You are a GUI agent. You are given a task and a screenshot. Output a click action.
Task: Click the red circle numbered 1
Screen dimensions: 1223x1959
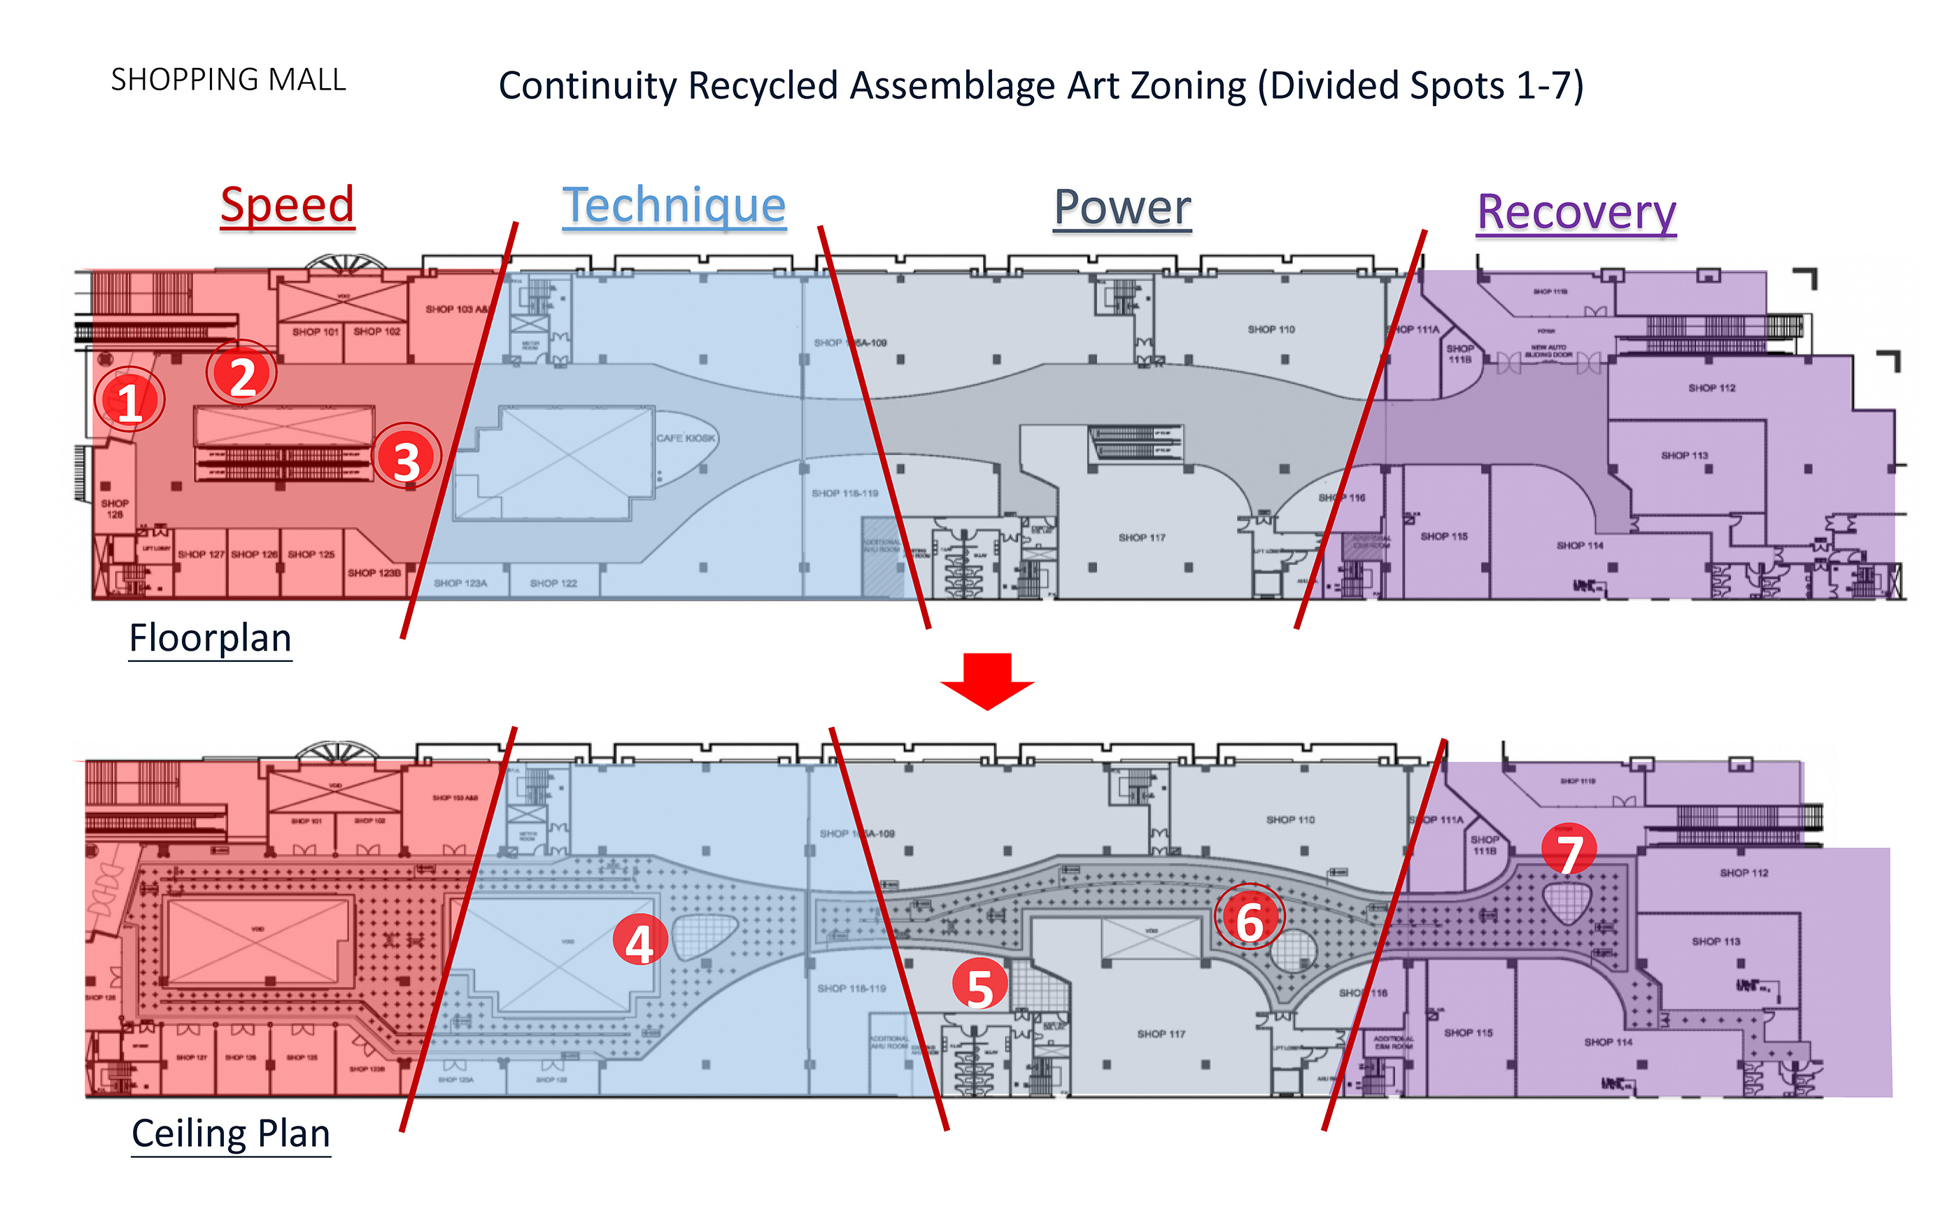tap(129, 400)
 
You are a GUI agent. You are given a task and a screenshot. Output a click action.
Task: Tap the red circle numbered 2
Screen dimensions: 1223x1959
tap(242, 374)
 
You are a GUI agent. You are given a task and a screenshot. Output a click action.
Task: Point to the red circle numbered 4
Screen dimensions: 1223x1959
tap(639, 942)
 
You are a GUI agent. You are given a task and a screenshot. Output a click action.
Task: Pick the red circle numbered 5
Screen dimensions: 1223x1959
tap(979, 985)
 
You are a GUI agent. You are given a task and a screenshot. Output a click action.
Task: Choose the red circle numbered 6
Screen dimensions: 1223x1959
tap(1250, 919)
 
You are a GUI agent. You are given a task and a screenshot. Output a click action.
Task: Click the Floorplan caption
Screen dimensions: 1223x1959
tap(211, 637)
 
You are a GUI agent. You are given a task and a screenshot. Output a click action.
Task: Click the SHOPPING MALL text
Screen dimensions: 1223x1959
tap(228, 79)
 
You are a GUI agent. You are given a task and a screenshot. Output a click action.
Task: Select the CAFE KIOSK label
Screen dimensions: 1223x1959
tap(685, 437)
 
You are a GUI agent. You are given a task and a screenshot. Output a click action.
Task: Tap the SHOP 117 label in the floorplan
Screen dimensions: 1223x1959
tap(1141, 537)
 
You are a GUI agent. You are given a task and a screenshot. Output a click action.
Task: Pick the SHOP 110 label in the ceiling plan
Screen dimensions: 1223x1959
tap(1290, 819)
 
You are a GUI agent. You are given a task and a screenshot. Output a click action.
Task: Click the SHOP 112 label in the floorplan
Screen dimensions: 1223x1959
tap(1711, 388)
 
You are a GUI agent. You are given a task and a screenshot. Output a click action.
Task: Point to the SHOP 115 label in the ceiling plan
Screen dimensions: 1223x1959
tap(1468, 1033)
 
